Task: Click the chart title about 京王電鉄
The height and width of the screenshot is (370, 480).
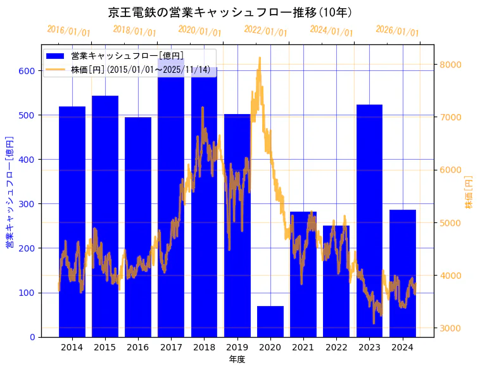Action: pos(231,12)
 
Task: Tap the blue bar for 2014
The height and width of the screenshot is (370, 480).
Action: pos(72,222)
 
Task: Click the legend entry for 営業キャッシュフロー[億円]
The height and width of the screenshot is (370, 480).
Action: pos(127,56)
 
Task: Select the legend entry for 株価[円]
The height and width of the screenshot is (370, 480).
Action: pos(140,69)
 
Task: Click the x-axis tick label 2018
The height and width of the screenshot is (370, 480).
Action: pos(204,347)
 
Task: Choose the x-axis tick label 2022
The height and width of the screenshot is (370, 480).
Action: pos(336,347)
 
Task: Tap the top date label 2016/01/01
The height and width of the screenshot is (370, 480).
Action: pos(69,31)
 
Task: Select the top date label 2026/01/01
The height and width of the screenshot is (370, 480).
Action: pos(397,31)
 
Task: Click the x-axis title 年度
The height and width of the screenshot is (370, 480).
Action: pos(237,359)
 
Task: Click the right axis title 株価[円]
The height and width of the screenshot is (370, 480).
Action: pos(469,193)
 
